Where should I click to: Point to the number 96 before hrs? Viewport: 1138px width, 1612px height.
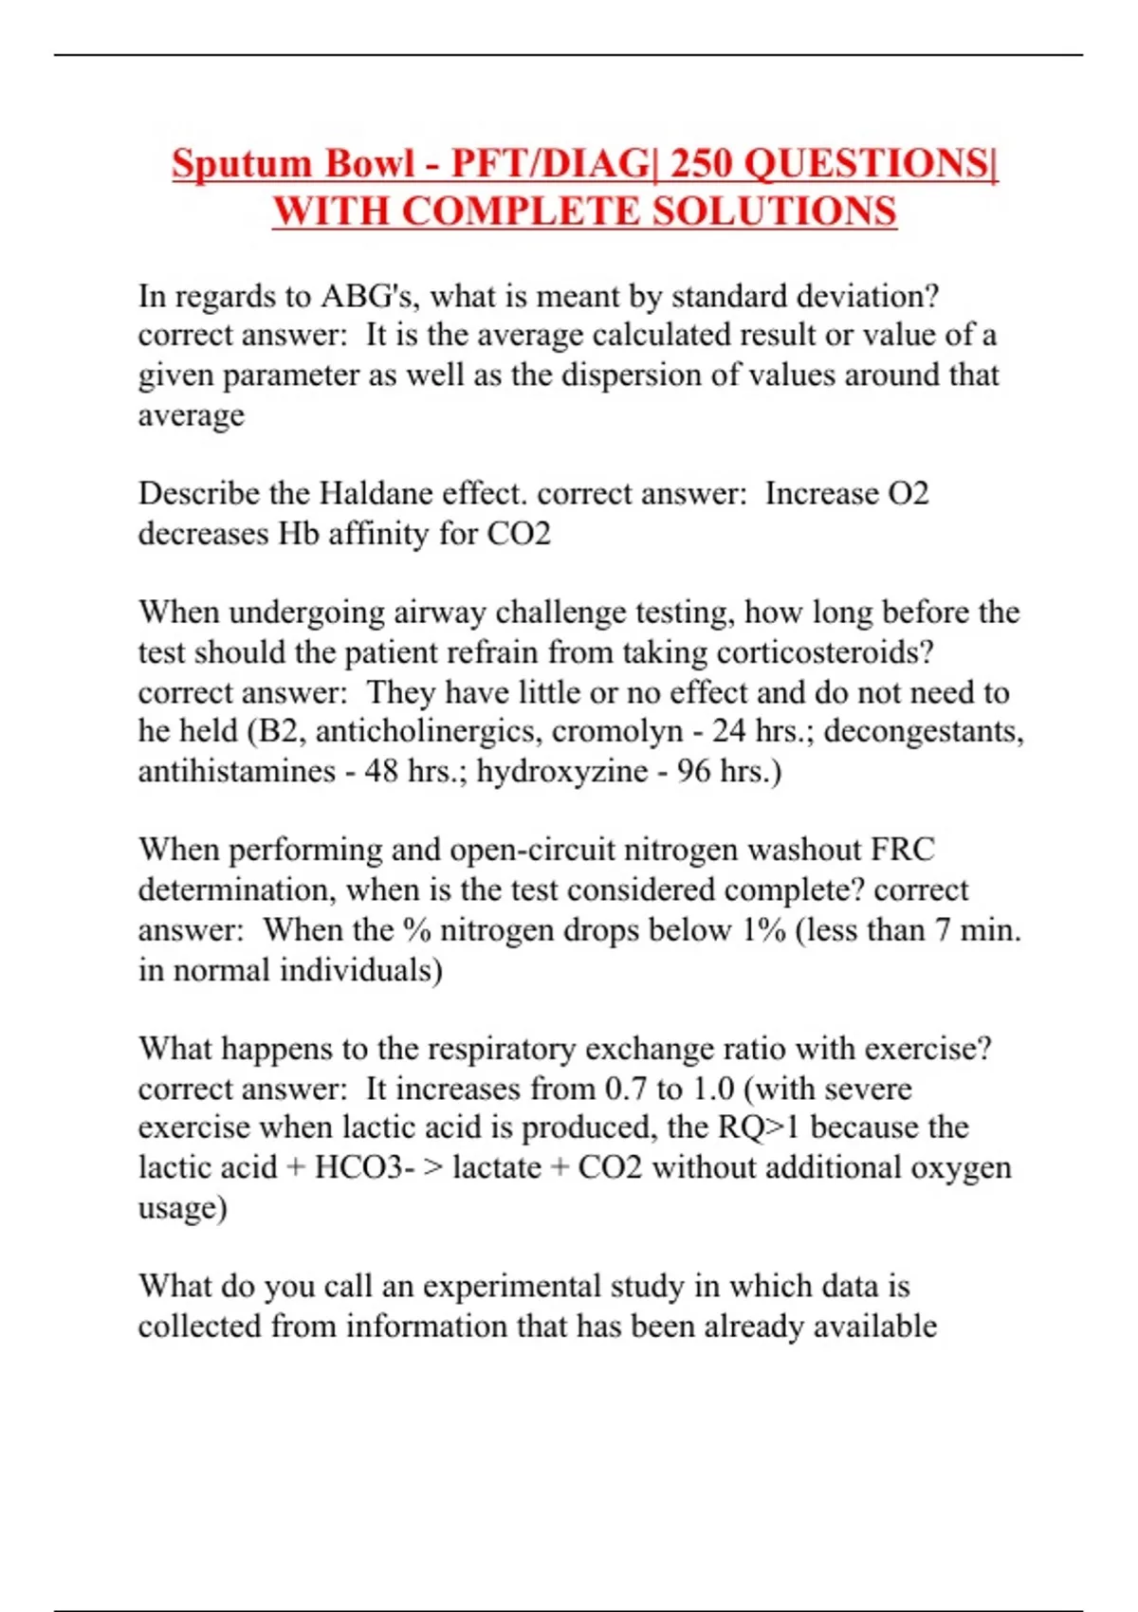[x=693, y=771]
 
